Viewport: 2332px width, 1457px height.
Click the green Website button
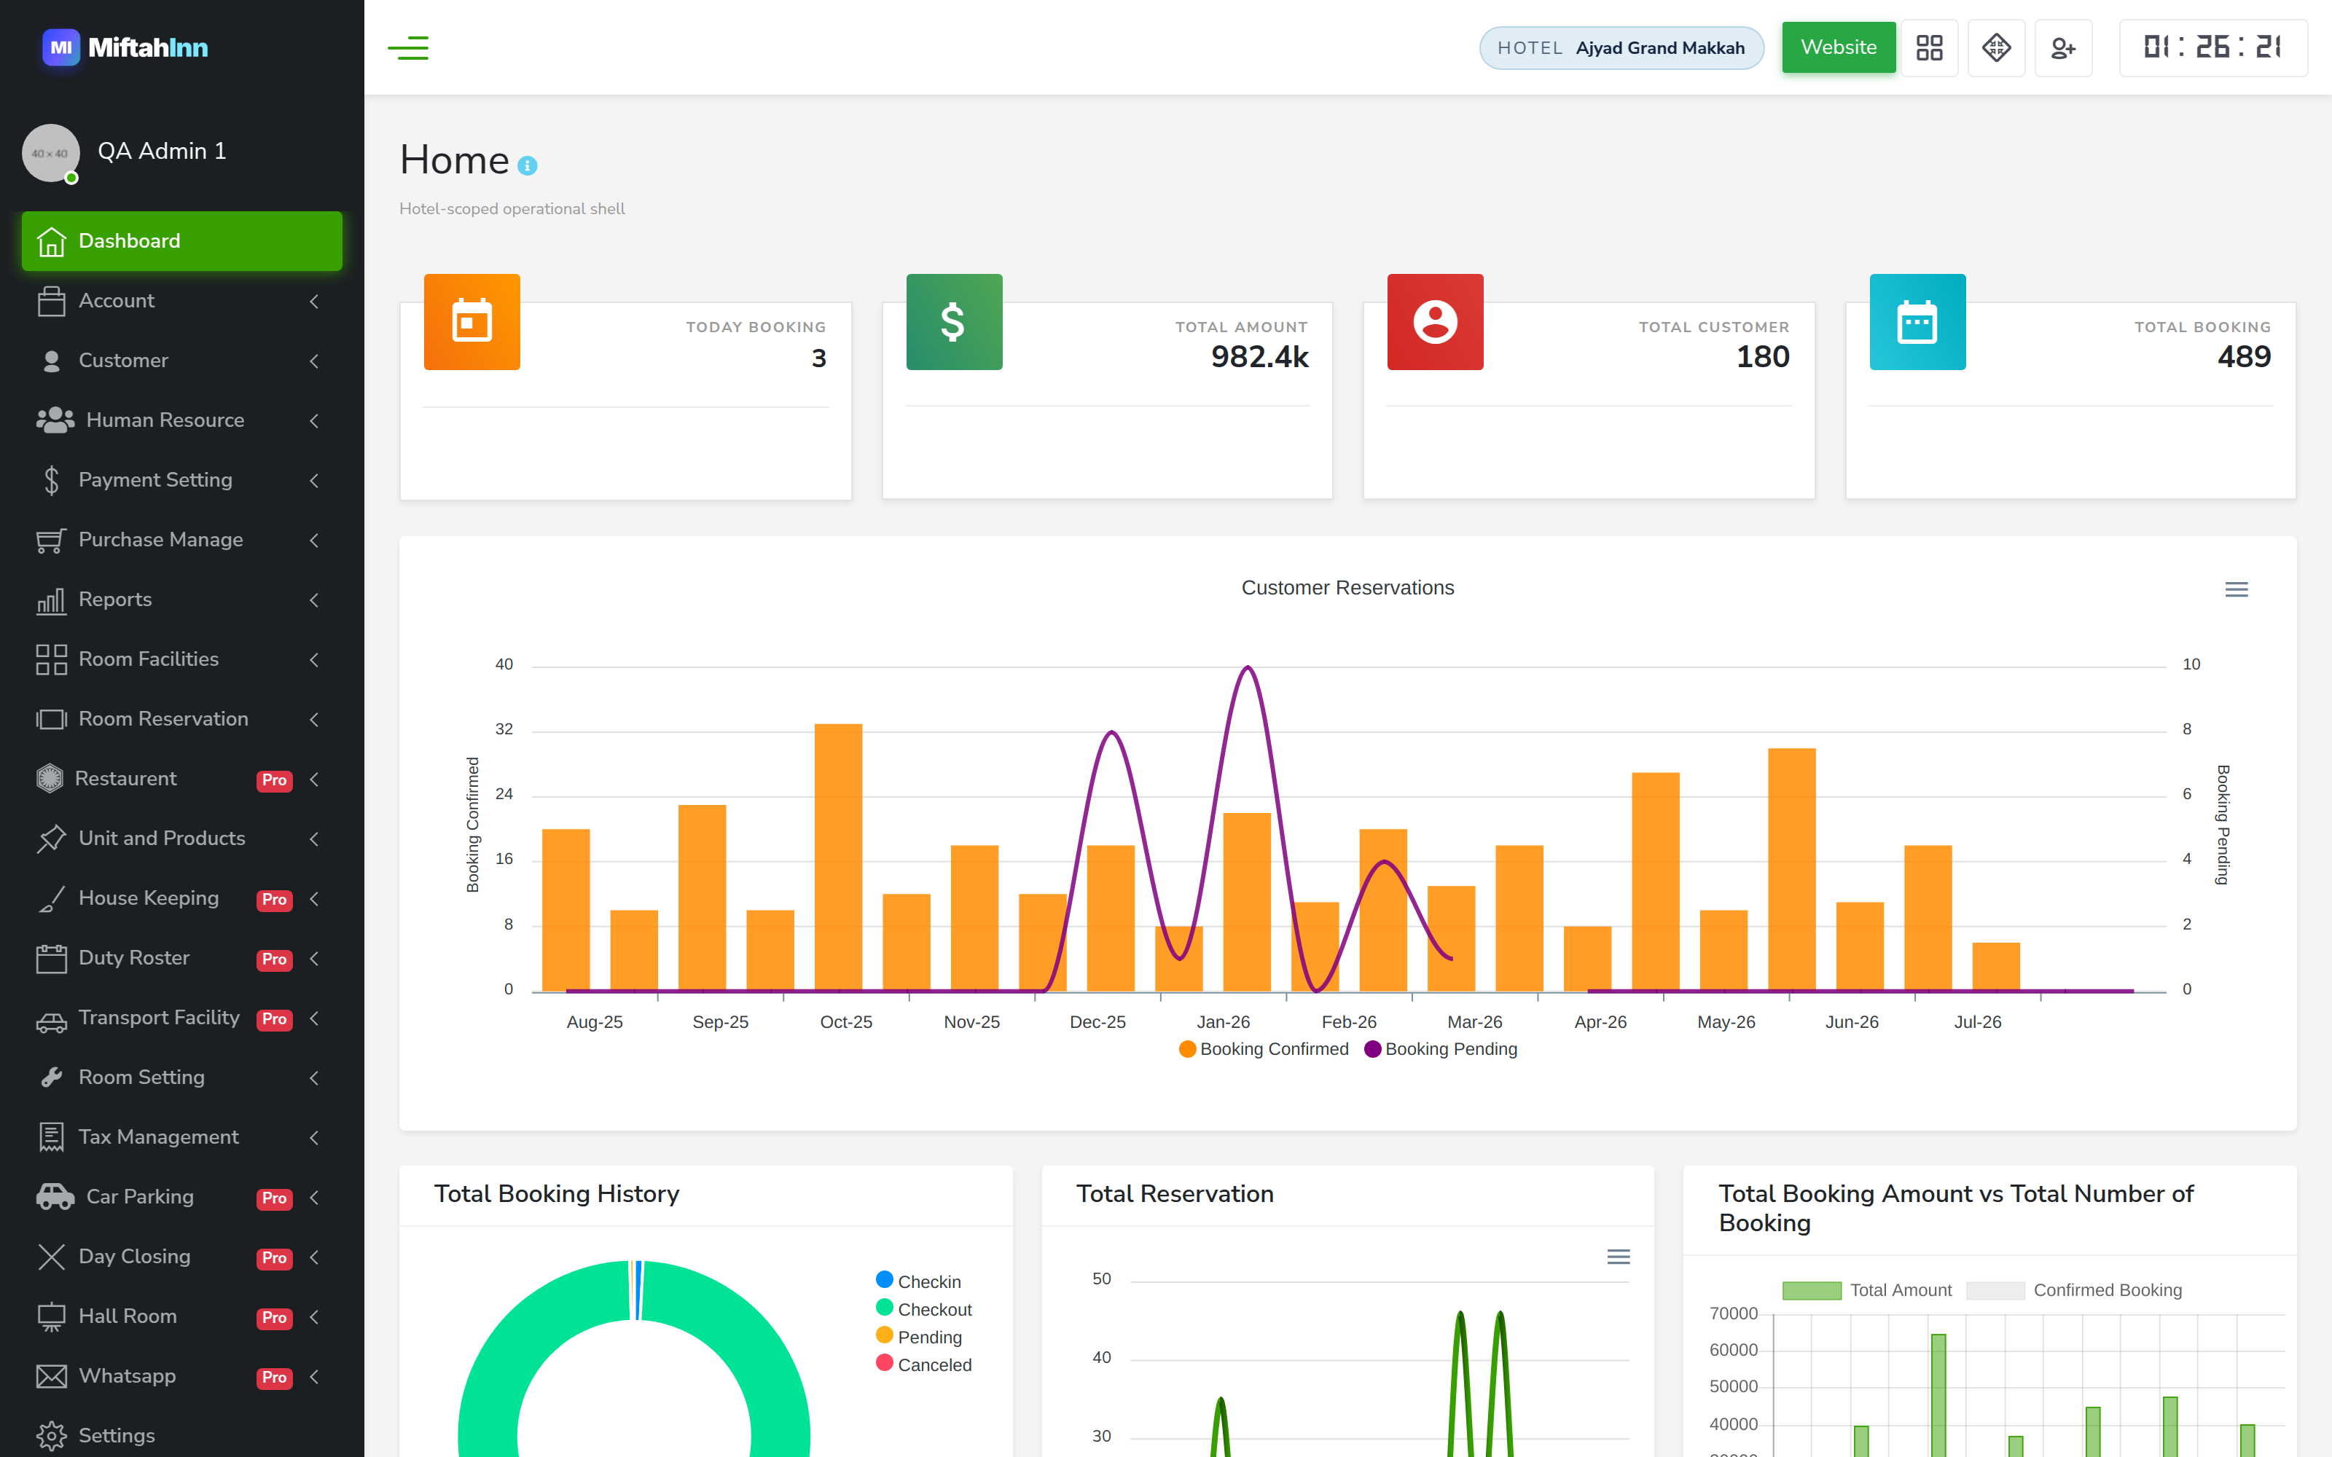(1838, 47)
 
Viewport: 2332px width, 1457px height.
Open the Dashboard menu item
(182, 241)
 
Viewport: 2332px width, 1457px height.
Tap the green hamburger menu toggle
(407, 47)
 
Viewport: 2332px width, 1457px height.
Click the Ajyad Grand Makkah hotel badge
(1621, 48)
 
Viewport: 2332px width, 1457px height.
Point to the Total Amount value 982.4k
(1259, 358)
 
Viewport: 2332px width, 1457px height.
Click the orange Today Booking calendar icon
(472, 322)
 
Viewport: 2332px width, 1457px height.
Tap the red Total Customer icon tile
(1435, 322)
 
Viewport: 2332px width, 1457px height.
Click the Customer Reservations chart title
(1347, 588)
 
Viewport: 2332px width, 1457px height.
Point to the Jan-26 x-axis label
(1223, 1022)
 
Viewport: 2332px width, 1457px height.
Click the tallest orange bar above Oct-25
(838, 857)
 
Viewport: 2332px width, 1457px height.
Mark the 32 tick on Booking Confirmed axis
(504, 729)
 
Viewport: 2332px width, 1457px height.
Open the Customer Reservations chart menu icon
(2237, 590)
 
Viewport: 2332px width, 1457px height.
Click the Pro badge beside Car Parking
(275, 1198)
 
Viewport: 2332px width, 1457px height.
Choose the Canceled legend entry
(924, 1364)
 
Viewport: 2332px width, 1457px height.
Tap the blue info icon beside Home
(527, 166)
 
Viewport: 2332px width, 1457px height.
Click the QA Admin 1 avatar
(51, 152)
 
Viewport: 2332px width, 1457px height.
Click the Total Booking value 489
(2243, 358)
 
